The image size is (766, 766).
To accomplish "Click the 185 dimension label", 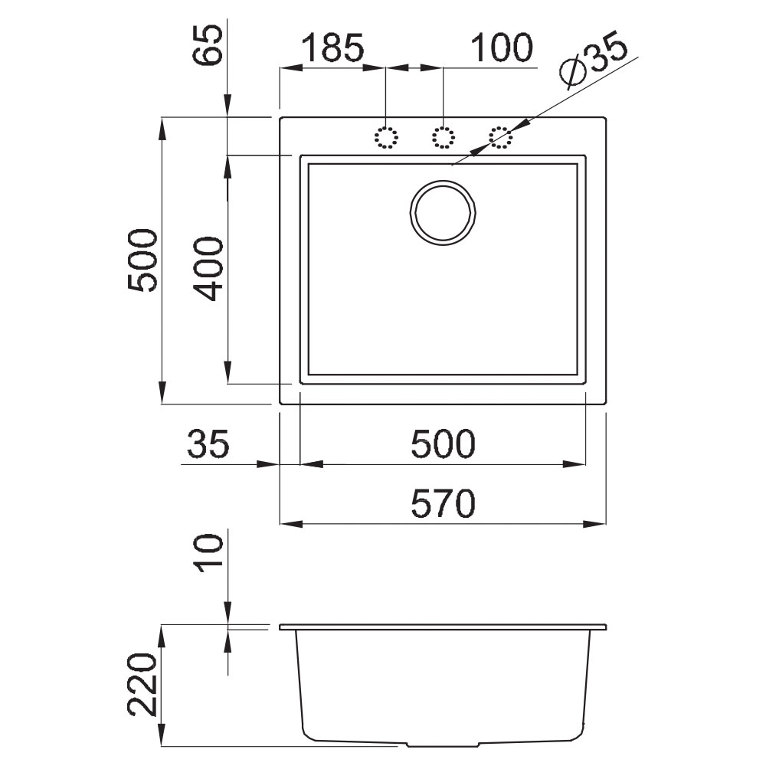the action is (x=332, y=47).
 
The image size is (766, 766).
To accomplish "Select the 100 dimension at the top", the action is (x=502, y=47).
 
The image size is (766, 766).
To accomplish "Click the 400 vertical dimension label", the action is (x=208, y=269).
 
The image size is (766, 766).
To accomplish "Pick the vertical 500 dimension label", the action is (x=142, y=260).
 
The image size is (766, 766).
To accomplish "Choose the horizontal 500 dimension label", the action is (x=443, y=444).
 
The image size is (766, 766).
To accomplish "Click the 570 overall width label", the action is (x=443, y=503).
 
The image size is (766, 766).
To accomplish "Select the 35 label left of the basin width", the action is (x=208, y=444).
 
